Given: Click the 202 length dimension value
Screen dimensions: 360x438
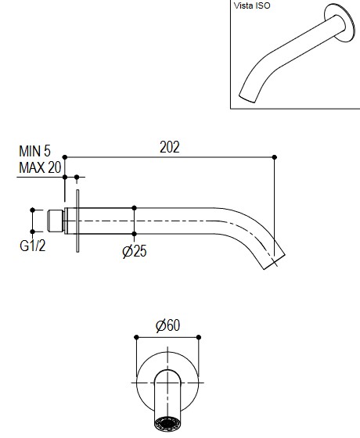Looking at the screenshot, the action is [x=169, y=147].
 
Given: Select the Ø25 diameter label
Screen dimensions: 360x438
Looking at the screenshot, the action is [x=135, y=251].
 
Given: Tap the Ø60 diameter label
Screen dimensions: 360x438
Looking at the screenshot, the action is [x=167, y=325].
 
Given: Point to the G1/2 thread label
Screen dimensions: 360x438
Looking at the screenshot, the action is [x=32, y=246].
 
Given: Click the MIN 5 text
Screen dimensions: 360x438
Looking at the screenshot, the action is [x=34, y=151].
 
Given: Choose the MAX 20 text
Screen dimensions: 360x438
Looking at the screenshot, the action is [x=40, y=167].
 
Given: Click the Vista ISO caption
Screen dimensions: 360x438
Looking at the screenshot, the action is [x=252, y=5].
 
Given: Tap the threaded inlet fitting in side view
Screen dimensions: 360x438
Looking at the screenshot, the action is [x=56, y=221].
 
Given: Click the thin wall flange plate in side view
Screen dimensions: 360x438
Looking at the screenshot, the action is [x=77, y=221].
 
